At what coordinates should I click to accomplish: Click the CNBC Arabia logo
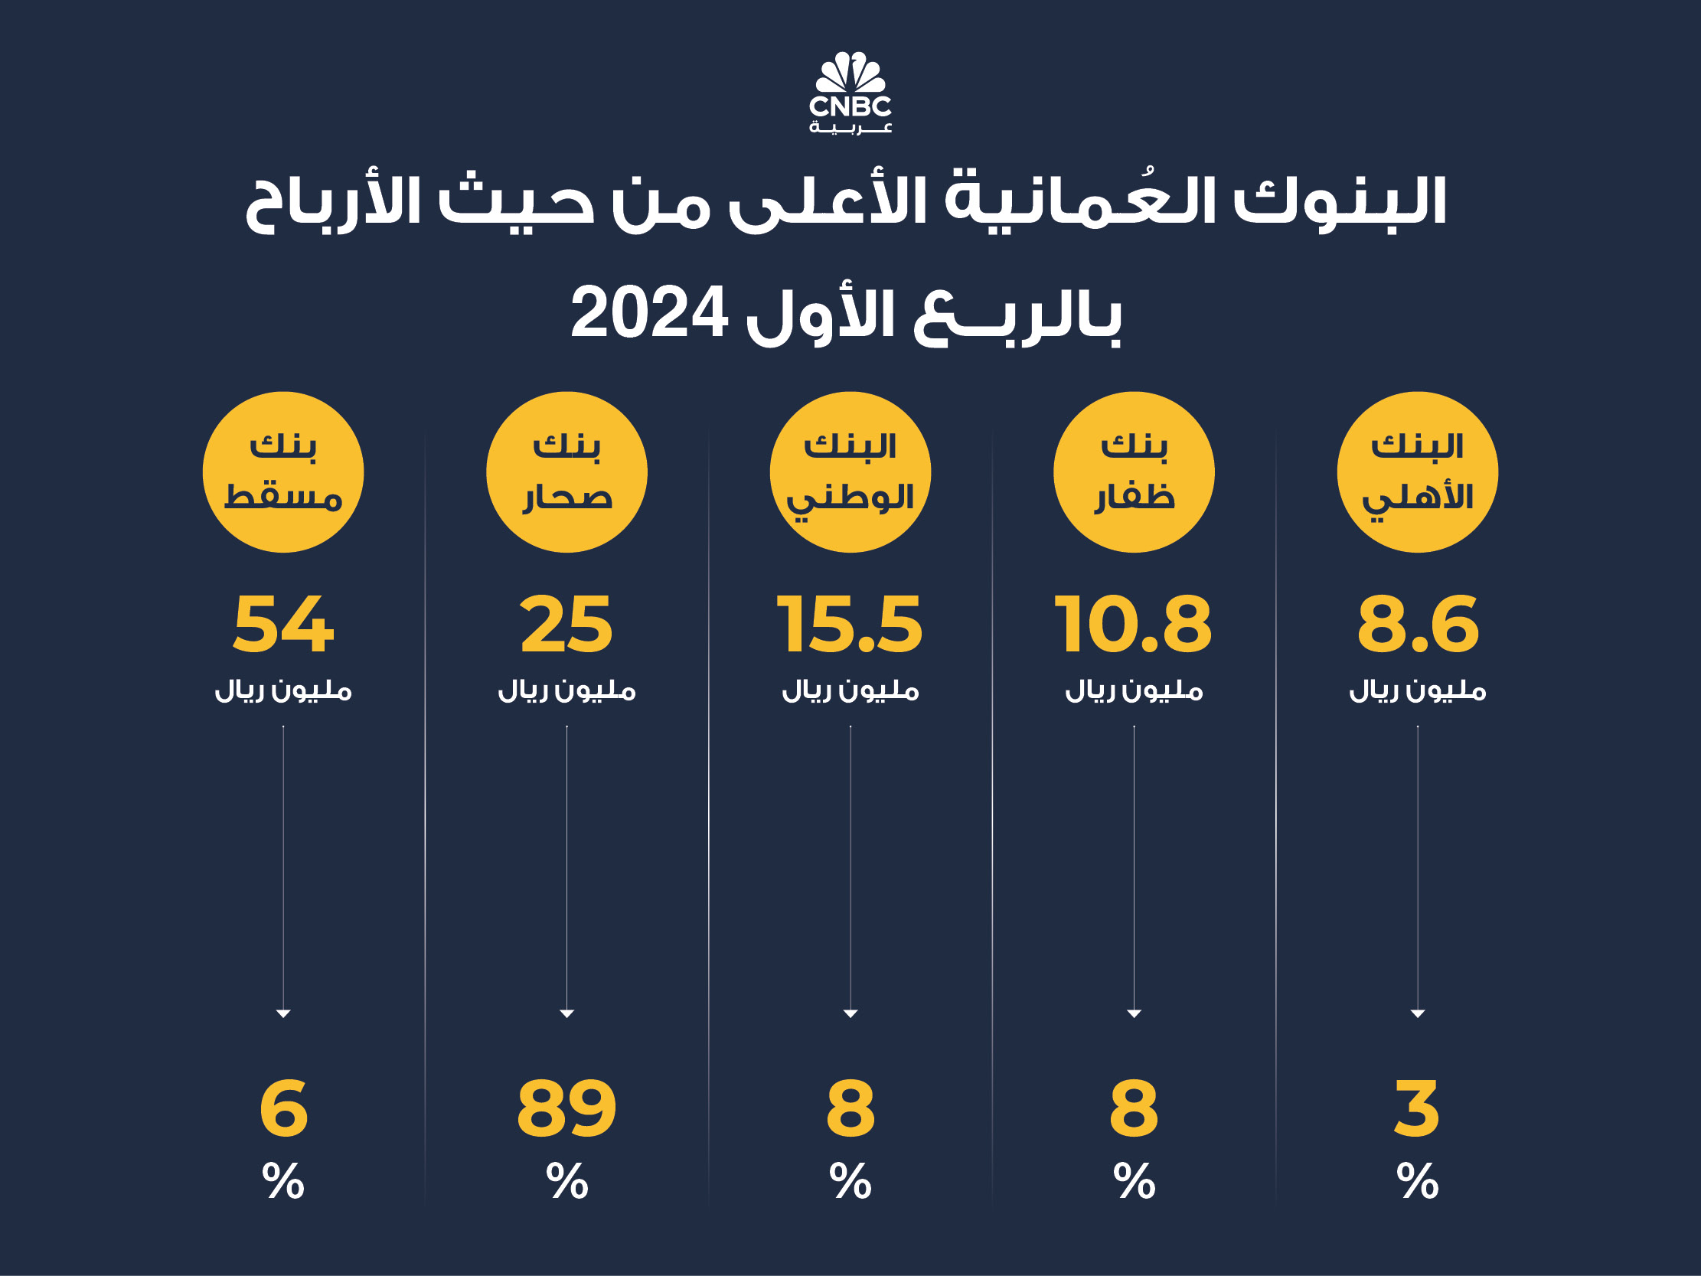[850, 93]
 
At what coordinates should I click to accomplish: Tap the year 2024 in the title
[649, 313]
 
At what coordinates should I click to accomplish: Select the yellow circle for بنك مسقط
[283, 472]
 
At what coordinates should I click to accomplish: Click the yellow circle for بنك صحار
[566, 472]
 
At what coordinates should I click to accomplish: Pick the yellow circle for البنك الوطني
[850, 472]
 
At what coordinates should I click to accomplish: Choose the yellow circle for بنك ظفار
[1134, 472]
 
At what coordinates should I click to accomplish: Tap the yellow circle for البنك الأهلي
[1417, 472]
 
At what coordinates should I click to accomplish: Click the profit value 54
[283, 624]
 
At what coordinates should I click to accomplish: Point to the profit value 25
[566, 624]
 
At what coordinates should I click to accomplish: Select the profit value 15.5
[850, 624]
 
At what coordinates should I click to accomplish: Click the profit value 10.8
[1134, 624]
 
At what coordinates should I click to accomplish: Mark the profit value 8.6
[1417, 624]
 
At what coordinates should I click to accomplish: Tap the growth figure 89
[566, 1108]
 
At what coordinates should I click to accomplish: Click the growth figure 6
[283, 1108]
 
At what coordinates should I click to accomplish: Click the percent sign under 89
[566, 1180]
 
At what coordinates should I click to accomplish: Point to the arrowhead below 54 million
[283, 1013]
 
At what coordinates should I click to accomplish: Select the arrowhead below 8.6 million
[1417, 1013]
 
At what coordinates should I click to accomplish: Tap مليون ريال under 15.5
[850, 690]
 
